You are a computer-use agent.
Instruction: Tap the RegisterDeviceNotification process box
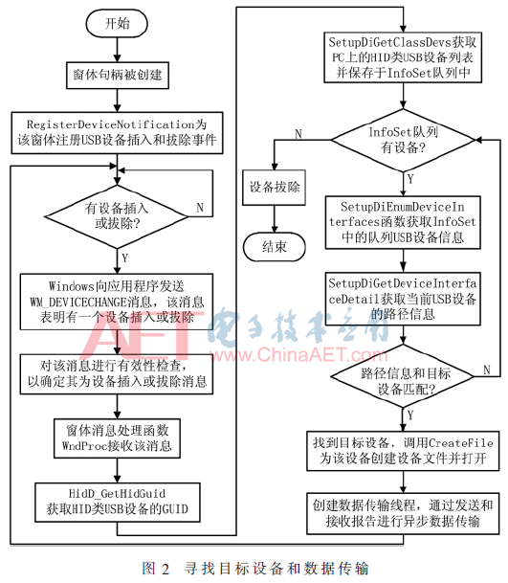pos(117,133)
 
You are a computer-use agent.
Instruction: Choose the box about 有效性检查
pos(117,374)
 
